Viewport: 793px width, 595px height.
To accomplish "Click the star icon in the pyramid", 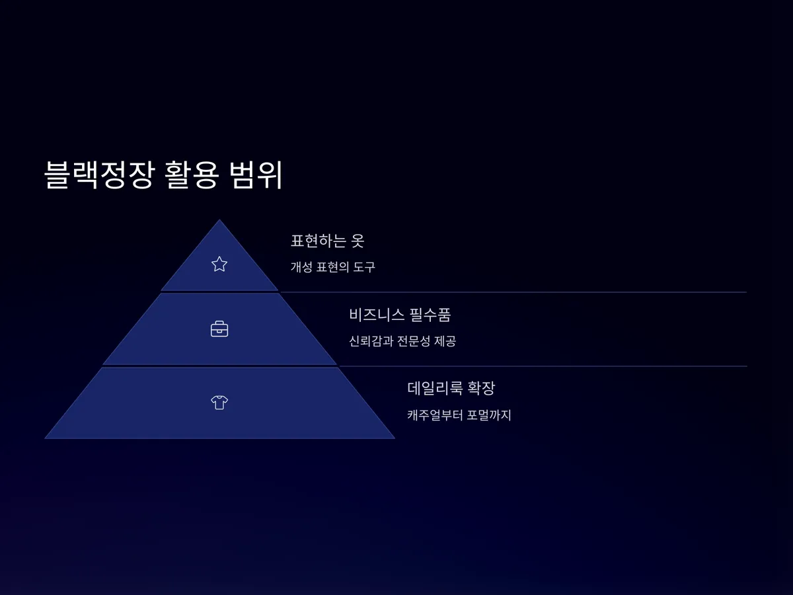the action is pos(219,264).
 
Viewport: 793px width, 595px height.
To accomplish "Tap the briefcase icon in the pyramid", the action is pos(219,329).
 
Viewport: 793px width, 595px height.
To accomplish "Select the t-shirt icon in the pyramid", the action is pos(219,402).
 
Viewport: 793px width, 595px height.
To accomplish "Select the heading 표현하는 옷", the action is pos(327,241).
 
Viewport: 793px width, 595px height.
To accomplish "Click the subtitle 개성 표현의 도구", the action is pos(332,267).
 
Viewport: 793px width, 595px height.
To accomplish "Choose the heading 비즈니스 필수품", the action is pos(400,315).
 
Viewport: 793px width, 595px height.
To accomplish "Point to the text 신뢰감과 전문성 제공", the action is pos(402,341).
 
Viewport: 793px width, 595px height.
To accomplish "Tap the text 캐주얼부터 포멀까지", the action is pos(459,415).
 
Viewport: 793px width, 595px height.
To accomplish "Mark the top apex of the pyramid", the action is pos(219,221).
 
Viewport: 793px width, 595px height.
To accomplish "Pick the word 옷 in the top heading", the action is pos(357,241).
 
